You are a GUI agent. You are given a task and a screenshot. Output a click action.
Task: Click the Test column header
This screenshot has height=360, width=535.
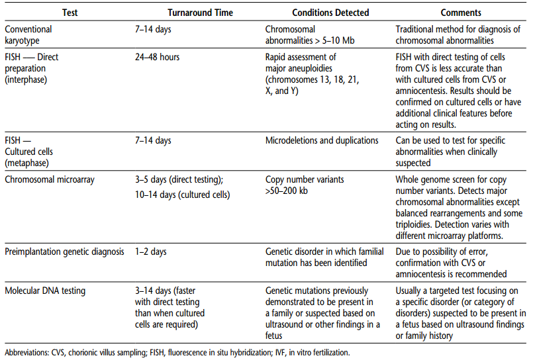coord(72,13)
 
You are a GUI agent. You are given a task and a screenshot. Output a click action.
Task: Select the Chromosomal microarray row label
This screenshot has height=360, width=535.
coord(48,179)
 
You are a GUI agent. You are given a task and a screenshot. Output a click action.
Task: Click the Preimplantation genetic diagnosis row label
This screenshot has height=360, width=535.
coord(66,251)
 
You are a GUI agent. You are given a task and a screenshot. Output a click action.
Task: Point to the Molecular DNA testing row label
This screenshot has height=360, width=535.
coord(45,290)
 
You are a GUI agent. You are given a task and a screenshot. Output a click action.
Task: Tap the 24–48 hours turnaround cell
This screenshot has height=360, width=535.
coord(158,57)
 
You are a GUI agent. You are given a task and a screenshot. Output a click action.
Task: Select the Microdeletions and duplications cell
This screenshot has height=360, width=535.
coord(322,140)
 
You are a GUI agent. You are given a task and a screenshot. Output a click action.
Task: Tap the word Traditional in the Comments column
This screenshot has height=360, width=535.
coord(416,29)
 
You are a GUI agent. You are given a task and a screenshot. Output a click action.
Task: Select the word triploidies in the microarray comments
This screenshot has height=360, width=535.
coord(418,224)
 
